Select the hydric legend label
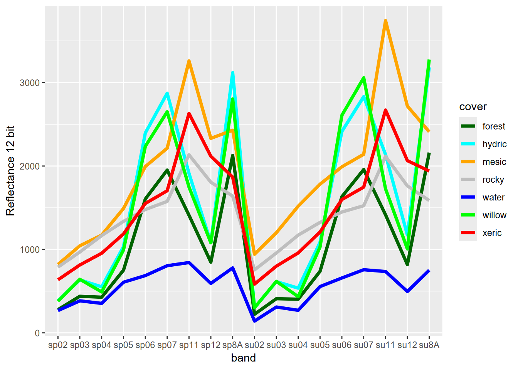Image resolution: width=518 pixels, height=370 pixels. point(494,144)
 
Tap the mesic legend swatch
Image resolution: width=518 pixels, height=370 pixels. point(468,162)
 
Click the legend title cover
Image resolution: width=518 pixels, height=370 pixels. point(473,107)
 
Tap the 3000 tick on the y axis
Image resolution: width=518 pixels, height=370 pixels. point(30,83)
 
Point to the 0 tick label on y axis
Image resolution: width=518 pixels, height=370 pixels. point(37,333)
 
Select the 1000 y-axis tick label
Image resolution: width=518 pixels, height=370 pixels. point(30,250)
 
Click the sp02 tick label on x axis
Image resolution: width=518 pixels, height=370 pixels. point(58,345)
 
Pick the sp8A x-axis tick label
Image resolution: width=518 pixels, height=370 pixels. point(232,345)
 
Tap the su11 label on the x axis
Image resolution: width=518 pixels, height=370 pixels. point(385,345)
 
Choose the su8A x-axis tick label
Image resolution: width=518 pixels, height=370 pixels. point(429,345)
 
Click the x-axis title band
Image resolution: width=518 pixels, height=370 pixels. point(243,358)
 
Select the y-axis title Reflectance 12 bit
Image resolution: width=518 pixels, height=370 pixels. point(10,170)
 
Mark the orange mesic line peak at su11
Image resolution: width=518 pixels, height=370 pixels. point(385,21)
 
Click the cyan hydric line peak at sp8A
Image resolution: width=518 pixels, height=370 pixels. point(232,72)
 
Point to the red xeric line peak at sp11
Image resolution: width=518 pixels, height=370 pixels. point(189,113)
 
